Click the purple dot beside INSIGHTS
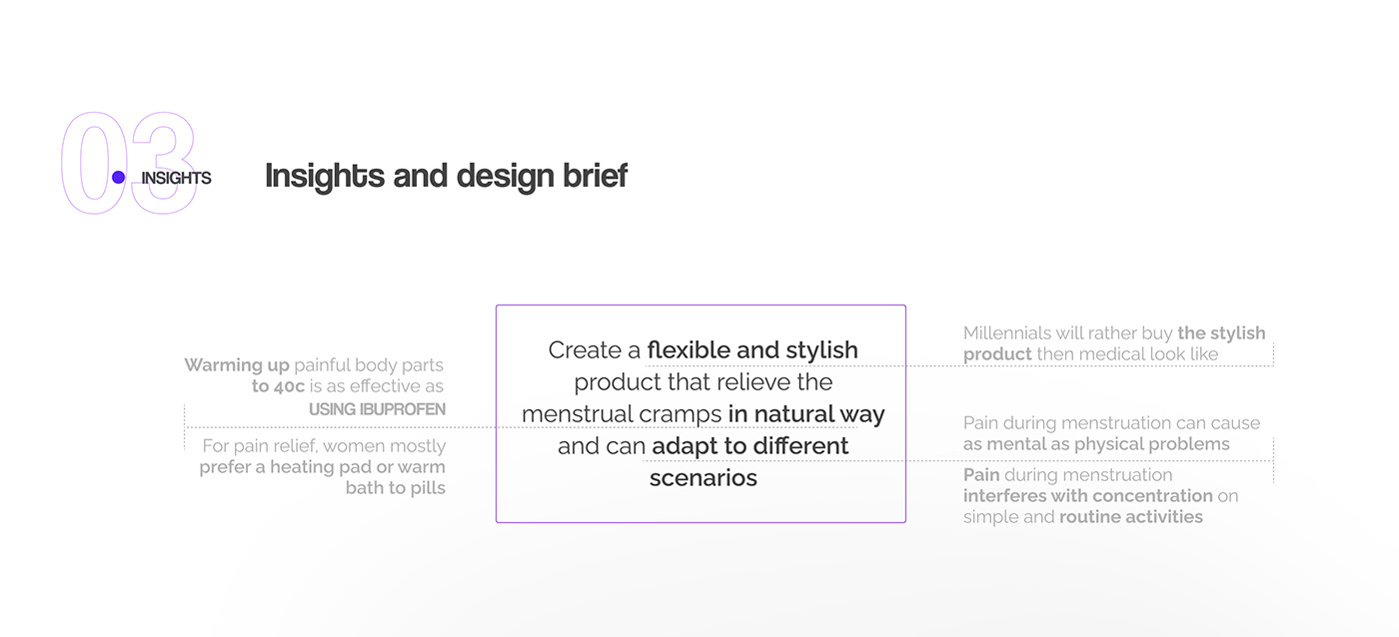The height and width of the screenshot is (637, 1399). point(118,178)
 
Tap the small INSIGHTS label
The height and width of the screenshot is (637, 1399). point(176,178)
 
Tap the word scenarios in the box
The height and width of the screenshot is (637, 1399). point(703,478)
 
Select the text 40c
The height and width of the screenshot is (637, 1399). point(288,386)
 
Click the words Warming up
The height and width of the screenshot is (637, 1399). point(237,365)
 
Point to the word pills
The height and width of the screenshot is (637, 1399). point(428,488)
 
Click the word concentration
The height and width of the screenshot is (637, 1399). point(1153,496)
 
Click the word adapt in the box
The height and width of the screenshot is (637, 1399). point(685,446)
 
